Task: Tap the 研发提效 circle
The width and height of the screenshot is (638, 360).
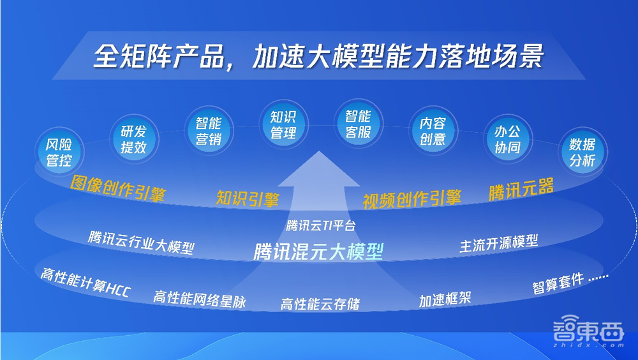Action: pyautogui.click(x=133, y=139)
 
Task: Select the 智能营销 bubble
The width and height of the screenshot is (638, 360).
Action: pyautogui.click(x=208, y=130)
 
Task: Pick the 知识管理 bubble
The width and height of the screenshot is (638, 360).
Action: pyautogui.click(x=283, y=125)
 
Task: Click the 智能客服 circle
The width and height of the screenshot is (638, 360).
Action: pyautogui.click(x=358, y=125)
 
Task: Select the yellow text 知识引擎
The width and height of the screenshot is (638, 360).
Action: pyautogui.click(x=248, y=199)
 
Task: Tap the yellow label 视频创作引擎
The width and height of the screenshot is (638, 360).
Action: pyautogui.click(x=412, y=199)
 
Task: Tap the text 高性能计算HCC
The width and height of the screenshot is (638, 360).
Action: pyautogui.click(x=85, y=283)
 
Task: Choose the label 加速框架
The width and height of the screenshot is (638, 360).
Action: pyautogui.click(x=445, y=299)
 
